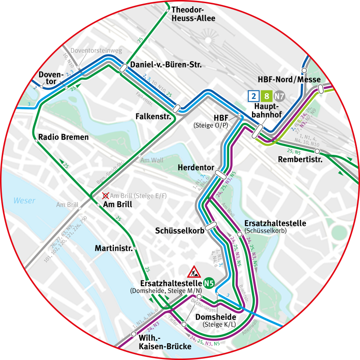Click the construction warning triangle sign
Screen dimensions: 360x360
(x=194, y=272)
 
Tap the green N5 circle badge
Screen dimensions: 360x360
(x=208, y=283)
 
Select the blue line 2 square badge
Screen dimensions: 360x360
(x=253, y=96)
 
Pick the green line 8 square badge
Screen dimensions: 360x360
(x=267, y=96)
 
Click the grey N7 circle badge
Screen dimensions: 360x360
(x=280, y=96)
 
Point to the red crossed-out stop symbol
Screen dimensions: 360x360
(x=105, y=196)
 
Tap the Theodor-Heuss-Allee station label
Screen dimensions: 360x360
(x=193, y=14)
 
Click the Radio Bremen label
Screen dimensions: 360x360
(x=63, y=137)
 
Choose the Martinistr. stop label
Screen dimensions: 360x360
(x=113, y=248)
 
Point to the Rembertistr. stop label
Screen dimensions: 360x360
(x=301, y=159)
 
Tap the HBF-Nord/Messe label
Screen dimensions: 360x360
(x=289, y=80)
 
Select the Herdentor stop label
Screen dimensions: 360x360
(x=195, y=167)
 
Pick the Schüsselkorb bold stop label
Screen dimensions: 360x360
(x=179, y=231)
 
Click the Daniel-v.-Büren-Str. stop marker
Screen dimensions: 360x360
(x=123, y=68)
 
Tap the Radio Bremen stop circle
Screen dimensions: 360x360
(x=36, y=141)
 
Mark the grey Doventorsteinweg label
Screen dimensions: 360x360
(x=96, y=51)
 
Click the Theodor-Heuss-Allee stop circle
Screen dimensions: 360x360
(x=167, y=10)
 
